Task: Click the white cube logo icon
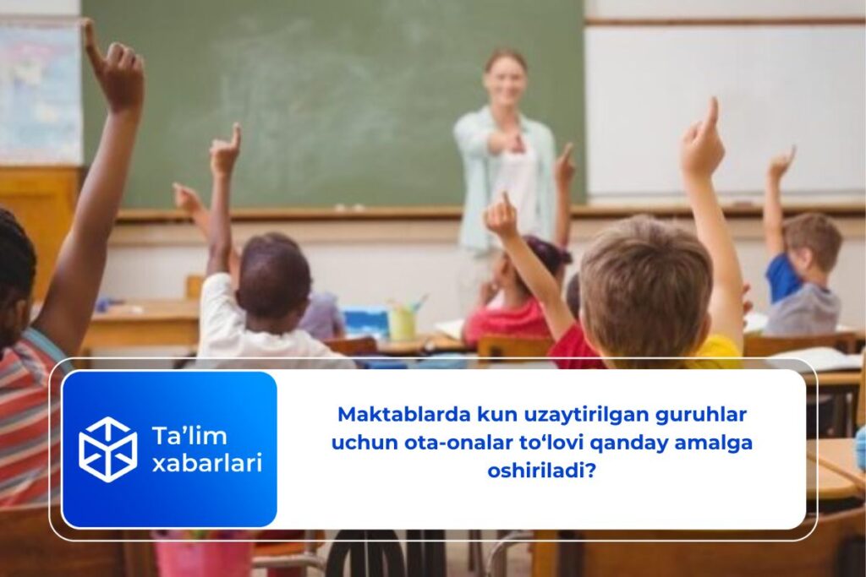(107, 449)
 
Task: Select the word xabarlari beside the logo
(206, 463)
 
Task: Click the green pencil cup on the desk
(402, 323)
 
